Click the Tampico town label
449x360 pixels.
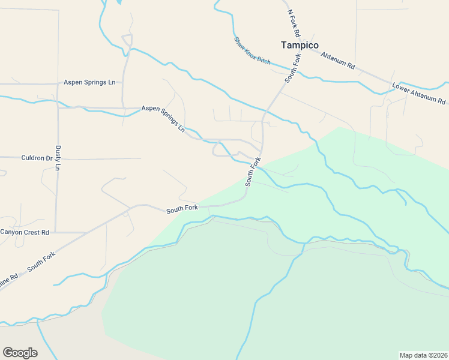pyautogui.click(x=300, y=45)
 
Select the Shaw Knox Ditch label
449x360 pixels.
pyautogui.click(x=252, y=51)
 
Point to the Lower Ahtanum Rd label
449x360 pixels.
pyautogui.click(x=419, y=93)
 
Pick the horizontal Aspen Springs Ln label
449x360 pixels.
pyautogui.click(x=89, y=82)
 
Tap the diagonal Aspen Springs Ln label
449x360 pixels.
pyautogui.click(x=163, y=118)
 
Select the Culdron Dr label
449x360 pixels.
pyautogui.click(x=37, y=158)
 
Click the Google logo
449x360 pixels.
pyautogui.click(x=20, y=352)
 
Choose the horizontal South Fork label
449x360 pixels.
pyautogui.click(x=182, y=209)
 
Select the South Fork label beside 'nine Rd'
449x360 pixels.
pyautogui.click(x=41, y=263)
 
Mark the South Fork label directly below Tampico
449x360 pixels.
pyautogui.click(x=292, y=68)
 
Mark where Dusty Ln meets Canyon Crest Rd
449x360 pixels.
pyautogui.click(x=56, y=232)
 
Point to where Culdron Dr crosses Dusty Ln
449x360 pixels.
pyautogui.click(x=58, y=158)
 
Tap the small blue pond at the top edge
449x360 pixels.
pyautogui.click(x=118, y=2)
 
